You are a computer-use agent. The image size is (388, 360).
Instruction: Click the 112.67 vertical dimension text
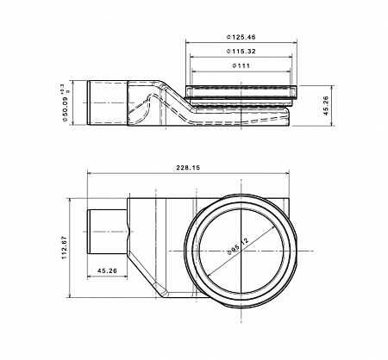(x=63, y=249)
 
